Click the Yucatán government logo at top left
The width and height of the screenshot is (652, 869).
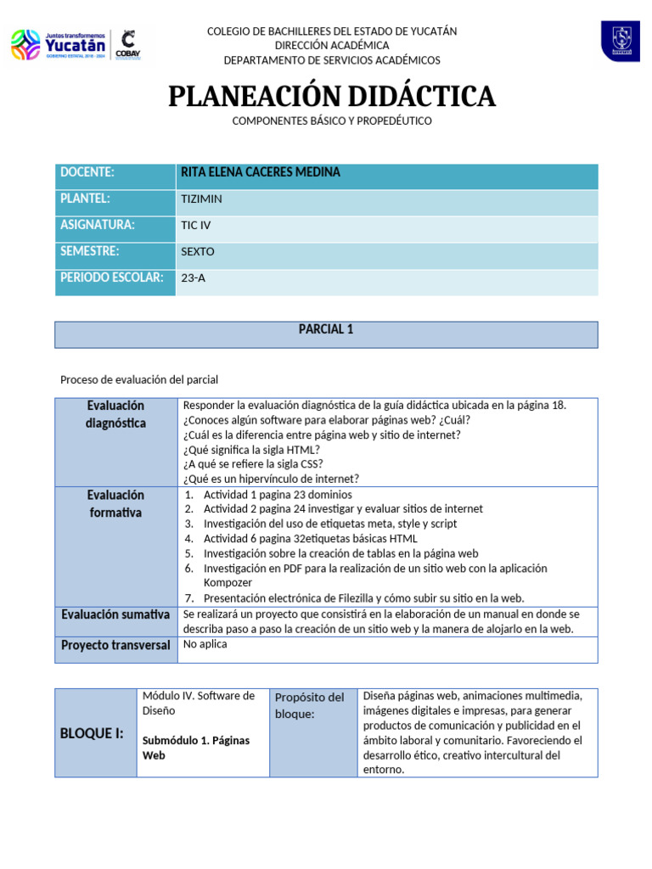pos(59,45)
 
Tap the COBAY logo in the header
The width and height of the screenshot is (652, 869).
pos(128,44)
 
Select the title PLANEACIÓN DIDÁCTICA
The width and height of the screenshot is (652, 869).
pos(331,97)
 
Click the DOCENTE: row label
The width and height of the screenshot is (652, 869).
pos(87,173)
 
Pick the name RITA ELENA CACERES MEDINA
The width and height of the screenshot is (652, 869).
pos(261,173)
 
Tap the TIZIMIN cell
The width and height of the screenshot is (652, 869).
pos(200,199)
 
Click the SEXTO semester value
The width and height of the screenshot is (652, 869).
pos(198,253)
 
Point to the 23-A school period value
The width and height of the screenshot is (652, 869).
pos(194,278)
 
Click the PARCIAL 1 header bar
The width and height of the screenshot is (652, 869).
pos(326,330)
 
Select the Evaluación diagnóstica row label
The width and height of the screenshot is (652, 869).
pos(115,415)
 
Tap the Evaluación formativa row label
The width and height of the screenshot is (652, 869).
pos(115,504)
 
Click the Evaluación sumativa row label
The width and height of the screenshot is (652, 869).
pos(115,614)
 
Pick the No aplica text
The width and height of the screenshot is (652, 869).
pos(205,644)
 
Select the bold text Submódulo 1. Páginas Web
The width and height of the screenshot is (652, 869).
pos(195,748)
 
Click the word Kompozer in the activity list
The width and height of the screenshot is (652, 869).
pos(228,583)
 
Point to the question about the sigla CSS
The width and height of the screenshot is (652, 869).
pos(253,464)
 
